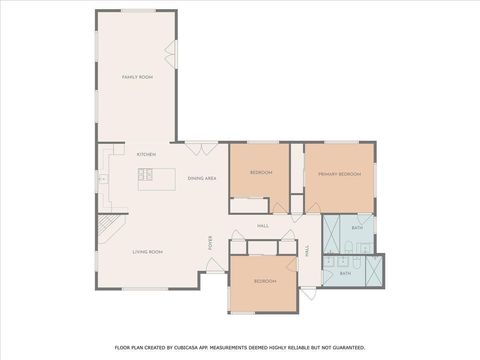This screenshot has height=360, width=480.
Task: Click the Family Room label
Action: tap(136, 77)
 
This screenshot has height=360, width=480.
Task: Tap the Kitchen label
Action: tap(146, 154)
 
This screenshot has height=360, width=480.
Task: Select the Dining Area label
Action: tap(202, 178)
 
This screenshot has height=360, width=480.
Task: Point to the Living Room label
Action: tap(147, 252)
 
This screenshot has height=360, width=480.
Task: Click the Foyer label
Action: tap(210, 243)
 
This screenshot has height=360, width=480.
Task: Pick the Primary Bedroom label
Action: tap(339, 174)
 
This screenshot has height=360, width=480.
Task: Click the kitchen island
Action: tap(160, 177)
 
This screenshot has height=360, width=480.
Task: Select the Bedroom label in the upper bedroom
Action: tap(261, 173)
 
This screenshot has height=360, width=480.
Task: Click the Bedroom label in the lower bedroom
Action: tap(264, 281)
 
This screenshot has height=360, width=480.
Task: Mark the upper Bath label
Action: tap(357, 228)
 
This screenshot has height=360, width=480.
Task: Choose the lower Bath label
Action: tap(345, 273)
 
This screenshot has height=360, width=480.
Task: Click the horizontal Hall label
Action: tap(263, 225)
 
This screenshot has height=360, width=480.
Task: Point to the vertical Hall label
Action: tap(306, 252)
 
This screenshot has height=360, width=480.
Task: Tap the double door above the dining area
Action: tap(201, 148)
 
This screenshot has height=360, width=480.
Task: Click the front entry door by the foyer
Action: tap(214, 266)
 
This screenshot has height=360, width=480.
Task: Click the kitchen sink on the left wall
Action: tap(102, 179)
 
